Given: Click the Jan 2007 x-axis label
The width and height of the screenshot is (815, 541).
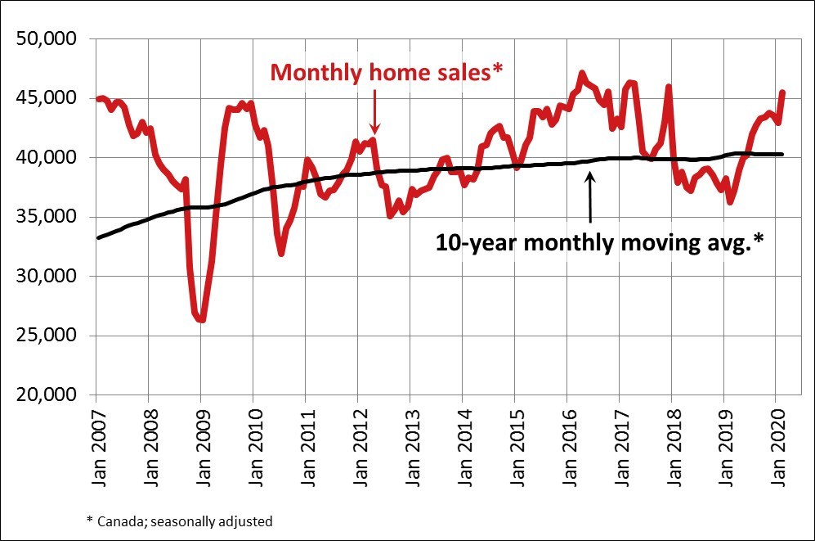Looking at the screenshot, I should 96,448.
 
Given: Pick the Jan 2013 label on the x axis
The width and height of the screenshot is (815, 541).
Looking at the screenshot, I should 410,448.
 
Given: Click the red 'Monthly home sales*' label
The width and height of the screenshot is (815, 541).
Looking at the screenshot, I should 385,72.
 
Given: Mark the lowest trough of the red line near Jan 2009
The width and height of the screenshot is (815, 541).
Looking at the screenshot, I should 201,320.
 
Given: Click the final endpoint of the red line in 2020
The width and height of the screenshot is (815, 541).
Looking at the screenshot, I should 783,92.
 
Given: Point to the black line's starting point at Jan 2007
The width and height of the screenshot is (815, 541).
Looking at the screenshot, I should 96,237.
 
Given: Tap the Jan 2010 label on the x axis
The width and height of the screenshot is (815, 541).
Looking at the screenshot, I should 253,448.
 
